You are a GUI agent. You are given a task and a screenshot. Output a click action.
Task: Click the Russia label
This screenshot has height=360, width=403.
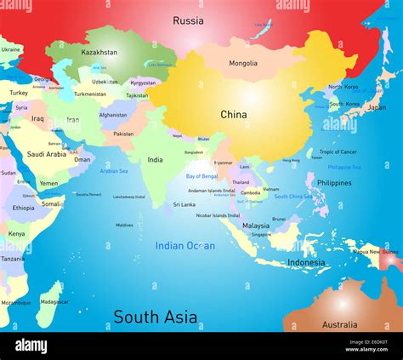(188, 20)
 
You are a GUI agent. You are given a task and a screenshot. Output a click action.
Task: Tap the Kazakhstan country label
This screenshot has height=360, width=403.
(99, 53)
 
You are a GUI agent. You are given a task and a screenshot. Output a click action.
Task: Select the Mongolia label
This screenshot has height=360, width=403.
(243, 63)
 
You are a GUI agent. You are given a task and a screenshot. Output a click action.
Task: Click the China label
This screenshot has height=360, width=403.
(233, 114)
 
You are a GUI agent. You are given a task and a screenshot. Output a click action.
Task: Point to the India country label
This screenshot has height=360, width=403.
(155, 159)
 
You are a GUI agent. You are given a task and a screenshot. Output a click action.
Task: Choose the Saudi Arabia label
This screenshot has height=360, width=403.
(46, 154)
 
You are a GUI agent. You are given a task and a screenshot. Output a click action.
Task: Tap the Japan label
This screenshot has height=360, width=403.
(376, 107)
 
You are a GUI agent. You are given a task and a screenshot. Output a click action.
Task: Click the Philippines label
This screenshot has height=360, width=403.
(334, 183)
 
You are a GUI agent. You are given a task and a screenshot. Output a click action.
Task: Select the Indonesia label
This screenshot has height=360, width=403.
(306, 262)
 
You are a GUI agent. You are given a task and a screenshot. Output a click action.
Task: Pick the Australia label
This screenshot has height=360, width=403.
(339, 324)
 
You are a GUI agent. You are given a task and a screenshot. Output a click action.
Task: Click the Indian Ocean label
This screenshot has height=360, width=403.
(184, 246)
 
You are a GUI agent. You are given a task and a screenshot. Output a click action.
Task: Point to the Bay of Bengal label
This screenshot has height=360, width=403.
(202, 176)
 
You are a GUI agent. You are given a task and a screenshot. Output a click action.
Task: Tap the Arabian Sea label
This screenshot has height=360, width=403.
(114, 170)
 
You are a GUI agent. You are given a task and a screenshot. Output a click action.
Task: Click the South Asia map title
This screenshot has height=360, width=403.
(156, 317)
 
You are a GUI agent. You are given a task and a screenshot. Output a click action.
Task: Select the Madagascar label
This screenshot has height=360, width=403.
(54, 301)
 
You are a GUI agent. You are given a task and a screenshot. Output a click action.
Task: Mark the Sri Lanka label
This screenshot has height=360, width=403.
(184, 204)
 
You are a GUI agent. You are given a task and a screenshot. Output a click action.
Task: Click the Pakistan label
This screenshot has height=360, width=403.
(123, 134)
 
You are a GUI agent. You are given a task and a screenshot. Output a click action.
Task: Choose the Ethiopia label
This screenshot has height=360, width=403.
(23, 208)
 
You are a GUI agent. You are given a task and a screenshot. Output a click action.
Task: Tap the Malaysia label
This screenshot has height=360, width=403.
(256, 226)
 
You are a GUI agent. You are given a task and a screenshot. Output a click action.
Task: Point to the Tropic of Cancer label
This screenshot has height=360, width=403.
(337, 152)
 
